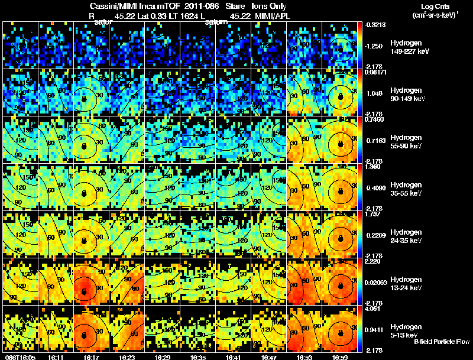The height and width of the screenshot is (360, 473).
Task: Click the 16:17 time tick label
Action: click(92, 356)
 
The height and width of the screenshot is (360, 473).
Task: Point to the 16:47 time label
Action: click(270, 356)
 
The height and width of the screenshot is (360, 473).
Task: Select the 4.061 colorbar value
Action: click(373, 308)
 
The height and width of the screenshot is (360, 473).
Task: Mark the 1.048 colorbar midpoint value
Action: click(374, 94)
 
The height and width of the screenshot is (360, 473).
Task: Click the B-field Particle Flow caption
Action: click(442, 342)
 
